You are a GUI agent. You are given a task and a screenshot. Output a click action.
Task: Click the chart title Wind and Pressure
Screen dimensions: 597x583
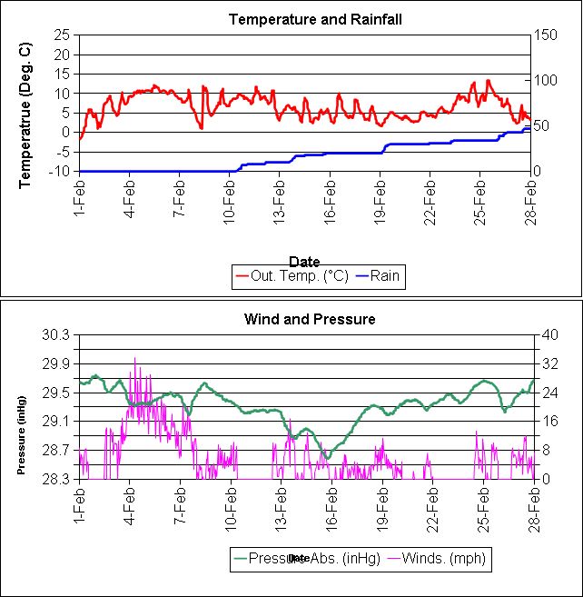click(310, 319)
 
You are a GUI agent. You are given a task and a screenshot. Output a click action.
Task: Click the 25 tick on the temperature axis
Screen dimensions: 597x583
click(63, 35)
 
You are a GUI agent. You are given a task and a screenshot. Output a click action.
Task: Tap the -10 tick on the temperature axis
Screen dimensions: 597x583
click(60, 171)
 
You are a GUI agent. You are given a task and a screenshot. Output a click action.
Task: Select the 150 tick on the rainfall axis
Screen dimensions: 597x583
click(546, 35)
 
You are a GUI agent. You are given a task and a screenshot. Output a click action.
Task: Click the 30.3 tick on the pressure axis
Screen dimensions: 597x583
click(56, 334)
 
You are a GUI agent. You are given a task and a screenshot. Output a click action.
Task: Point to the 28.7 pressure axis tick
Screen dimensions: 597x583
click(56, 450)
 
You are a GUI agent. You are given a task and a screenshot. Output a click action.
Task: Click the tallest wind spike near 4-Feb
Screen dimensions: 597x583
click(135, 358)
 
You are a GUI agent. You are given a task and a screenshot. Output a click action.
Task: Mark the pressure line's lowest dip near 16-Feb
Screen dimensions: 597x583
click(328, 455)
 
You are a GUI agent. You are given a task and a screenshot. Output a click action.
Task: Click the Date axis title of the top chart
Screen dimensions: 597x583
click(304, 261)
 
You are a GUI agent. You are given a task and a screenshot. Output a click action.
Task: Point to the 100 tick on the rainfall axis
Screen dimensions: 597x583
click(546, 80)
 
